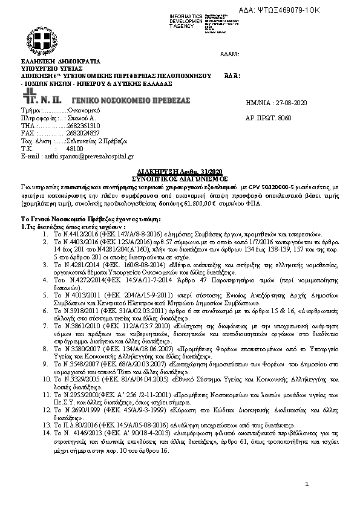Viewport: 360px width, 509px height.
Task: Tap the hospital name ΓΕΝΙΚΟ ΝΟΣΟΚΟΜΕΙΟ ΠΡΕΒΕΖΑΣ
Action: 131,99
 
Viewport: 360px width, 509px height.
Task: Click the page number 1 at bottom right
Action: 307,484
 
